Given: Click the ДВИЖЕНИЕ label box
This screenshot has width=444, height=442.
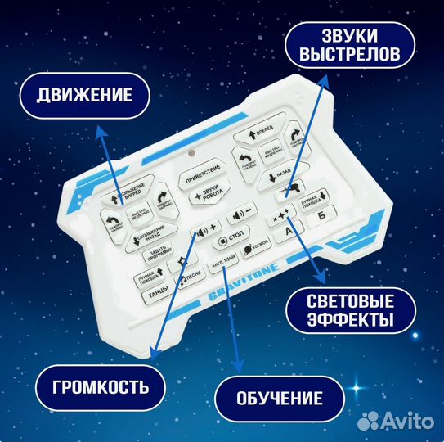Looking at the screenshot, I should click(83, 95).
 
